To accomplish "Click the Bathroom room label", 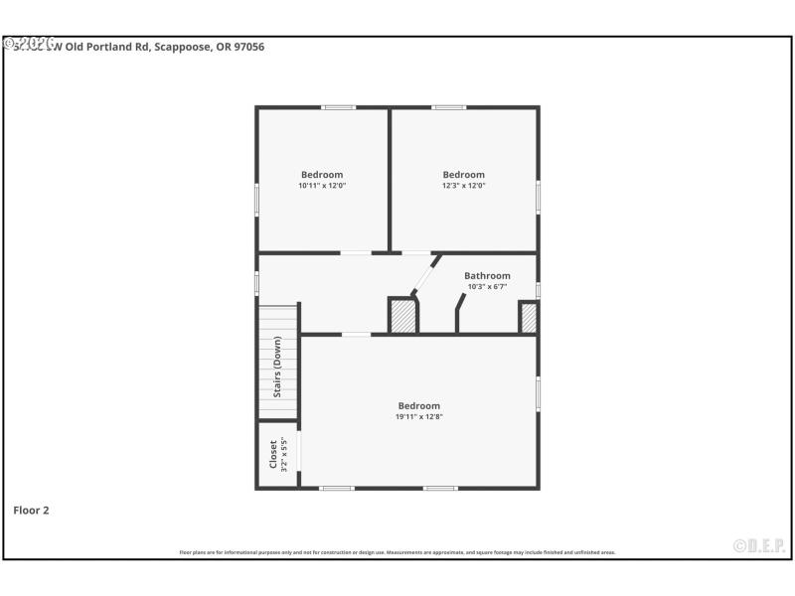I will [x=487, y=276].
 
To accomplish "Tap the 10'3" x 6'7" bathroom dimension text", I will [x=487, y=287].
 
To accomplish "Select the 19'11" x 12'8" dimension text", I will [x=418, y=416].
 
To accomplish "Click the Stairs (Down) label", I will [x=278, y=367].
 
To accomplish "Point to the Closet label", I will [x=273, y=454].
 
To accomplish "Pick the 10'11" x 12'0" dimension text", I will [x=322, y=186].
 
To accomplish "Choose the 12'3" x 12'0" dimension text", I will [x=463, y=186].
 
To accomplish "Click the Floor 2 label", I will [x=31, y=511].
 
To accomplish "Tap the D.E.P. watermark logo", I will [x=758, y=545].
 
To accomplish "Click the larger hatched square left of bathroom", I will [x=402, y=317].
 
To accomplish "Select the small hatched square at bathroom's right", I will [x=529, y=318].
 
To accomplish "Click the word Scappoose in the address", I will [x=181, y=47].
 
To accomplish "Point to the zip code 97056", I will [x=248, y=47].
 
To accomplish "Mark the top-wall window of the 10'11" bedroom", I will [x=338, y=107].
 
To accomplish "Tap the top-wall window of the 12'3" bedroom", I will [x=448, y=107].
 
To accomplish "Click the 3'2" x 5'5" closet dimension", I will [x=284, y=454].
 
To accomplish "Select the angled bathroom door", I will [x=424, y=275].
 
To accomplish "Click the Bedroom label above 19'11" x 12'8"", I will [x=418, y=405].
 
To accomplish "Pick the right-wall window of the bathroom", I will [x=538, y=290].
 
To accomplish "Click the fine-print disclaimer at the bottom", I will [x=397, y=552].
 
